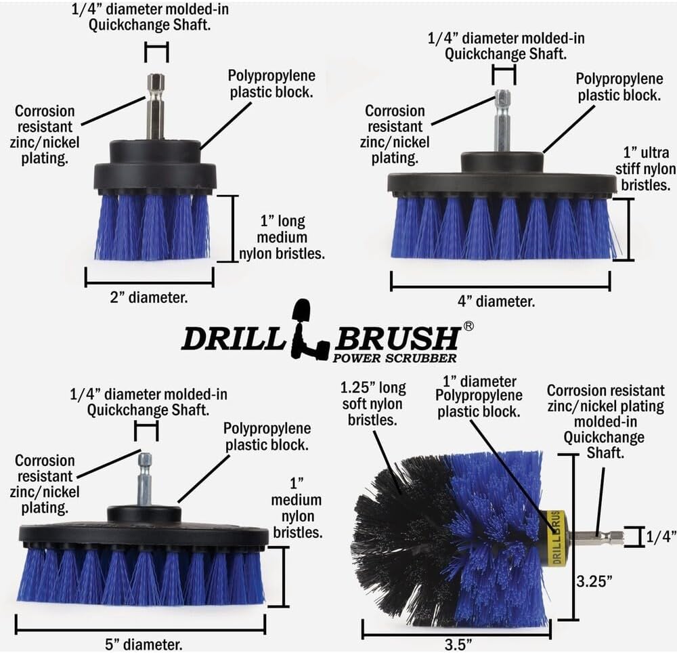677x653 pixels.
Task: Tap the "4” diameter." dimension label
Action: [500, 301]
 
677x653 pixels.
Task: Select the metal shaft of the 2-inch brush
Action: [155, 108]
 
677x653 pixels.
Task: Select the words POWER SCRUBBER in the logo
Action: [394, 358]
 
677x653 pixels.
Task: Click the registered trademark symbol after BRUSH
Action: [468, 326]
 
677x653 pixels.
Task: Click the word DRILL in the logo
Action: [234, 339]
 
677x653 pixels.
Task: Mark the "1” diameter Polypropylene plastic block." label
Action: [480, 396]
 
